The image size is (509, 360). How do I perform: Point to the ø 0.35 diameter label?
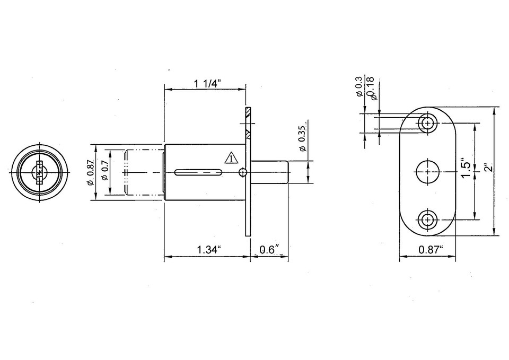(x=302, y=138)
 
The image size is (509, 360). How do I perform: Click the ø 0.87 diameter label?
(x=91, y=172)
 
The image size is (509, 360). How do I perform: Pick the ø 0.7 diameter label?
(x=106, y=171)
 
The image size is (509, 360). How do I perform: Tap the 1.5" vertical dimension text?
(x=466, y=169)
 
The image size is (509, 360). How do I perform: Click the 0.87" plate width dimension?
(x=431, y=250)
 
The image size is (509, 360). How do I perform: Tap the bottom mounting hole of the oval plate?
(x=427, y=218)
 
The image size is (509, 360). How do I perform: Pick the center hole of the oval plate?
(x=427, y=172)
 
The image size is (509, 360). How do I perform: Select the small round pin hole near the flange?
(x=243, y=172)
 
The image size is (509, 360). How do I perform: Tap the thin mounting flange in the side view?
(x=248, y=172)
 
